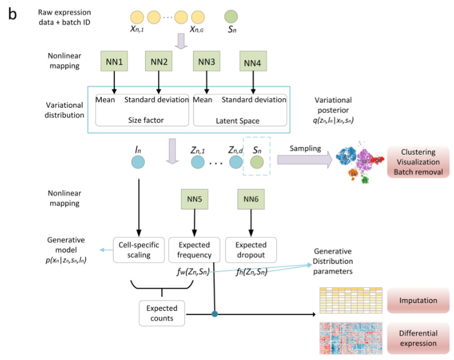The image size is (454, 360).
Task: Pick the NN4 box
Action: (252, 63)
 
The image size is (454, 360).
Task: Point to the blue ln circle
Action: (138, 162)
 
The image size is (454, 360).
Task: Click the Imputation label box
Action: (418, 301)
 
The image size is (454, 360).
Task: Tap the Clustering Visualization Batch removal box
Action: (418, 162)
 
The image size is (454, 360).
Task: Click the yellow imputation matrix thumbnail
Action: (351, 301)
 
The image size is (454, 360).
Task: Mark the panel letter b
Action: (12, 14)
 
